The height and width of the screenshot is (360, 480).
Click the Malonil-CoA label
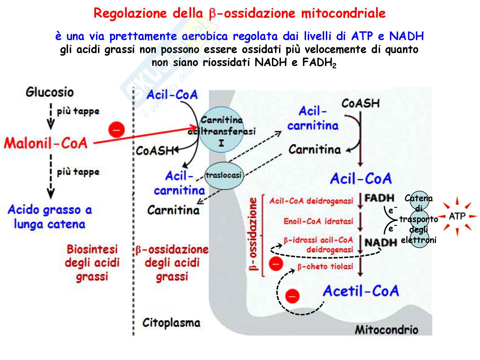(x=46, y=143)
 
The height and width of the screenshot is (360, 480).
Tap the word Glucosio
(x=50, y=92)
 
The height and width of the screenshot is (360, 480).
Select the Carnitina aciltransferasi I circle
(x=221, y=130)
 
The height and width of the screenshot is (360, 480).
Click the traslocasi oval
(x=224, y=175)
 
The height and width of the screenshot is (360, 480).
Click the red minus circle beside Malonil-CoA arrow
(x=117, y=130)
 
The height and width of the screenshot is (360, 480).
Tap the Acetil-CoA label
(x=361, y=291)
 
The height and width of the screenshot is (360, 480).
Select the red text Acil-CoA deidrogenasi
(x=311, y=201)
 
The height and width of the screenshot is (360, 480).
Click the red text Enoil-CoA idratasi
(x=318, y=221)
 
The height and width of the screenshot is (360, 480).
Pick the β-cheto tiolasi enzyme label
(x=325, y=267)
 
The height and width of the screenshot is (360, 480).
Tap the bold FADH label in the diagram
(x=379, y=198)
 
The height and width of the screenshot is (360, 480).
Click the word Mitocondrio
(x=386, y=330)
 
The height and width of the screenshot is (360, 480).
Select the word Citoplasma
(x=171, y=323)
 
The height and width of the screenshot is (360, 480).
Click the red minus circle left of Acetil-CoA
(x=292, y=296)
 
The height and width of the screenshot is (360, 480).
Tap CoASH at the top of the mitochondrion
(x=360, y=103)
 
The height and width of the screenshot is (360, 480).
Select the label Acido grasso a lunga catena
(x=50, y=217)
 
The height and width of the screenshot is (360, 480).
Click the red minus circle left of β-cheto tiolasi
(x=276, y=264)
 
